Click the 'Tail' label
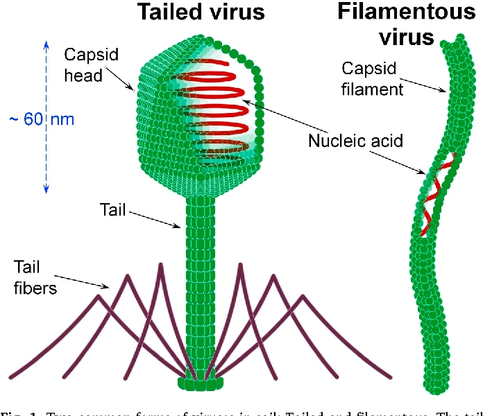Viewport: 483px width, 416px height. [112, 209]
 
